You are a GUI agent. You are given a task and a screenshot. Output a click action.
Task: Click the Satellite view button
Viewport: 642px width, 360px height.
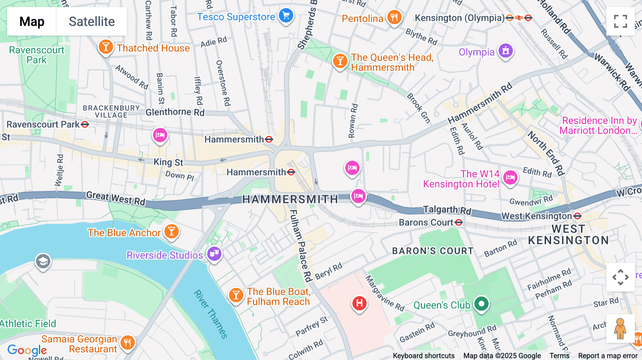tap(92, 21)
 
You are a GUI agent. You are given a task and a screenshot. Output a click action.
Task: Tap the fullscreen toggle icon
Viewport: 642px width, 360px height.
tap(620, 21)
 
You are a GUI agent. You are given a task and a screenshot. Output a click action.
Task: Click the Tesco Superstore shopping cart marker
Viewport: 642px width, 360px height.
tap(286, 16)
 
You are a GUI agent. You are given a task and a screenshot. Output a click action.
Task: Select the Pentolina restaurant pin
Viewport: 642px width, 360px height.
tap(394, 17)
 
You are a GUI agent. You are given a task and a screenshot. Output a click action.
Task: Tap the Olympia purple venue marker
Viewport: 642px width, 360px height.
tap(506, 51)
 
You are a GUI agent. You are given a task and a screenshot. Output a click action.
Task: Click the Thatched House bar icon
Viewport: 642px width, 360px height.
tap(106, 47)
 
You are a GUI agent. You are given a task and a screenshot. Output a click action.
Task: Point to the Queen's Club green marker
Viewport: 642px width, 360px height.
tap(481, 304)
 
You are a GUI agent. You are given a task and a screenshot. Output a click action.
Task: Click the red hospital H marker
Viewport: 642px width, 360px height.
tap(359, 303)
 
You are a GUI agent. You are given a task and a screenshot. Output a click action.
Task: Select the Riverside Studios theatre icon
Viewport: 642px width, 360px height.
tap(214, 254)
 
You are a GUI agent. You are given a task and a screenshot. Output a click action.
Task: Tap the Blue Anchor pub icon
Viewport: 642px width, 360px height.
tap(172, 232)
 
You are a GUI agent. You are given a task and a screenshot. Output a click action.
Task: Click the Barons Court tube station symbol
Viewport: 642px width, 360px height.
tap(459, 223)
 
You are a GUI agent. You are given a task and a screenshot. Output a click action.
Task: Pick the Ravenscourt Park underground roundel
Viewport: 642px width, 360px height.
tap(85, 124)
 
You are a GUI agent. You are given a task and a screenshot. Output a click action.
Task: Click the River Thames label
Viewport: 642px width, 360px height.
tap(211, 314)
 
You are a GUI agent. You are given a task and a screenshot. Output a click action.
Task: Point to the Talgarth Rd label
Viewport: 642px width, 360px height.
tap(447, 210)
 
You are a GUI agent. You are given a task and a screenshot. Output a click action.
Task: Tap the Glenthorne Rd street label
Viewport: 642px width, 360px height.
tap(175, 112)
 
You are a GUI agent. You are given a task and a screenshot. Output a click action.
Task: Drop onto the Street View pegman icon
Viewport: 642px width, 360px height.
tap(620, 328)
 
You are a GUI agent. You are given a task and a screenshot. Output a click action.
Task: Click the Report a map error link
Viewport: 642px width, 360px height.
tap(608, 356)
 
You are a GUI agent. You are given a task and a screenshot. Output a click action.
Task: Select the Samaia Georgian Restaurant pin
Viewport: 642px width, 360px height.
tap(127, 343)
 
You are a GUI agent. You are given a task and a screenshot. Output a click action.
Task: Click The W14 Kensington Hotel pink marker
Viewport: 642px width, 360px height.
tap(510, 177)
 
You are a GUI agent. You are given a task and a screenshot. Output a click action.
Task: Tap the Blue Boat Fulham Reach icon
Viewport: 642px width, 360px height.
tap(236, 295)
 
